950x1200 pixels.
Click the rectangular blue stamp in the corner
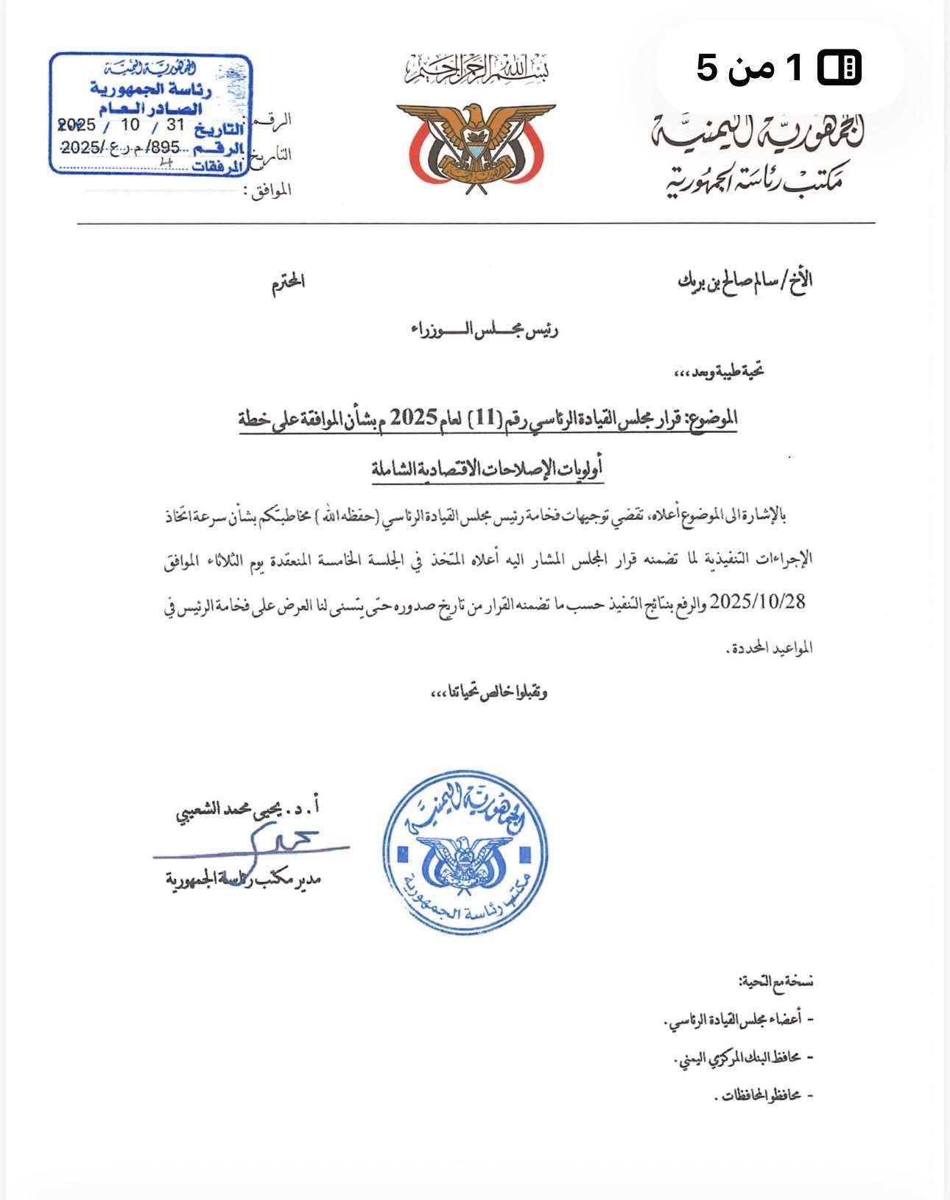click(x=152, y=115)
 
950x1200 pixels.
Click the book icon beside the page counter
click(x=840, y=68)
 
